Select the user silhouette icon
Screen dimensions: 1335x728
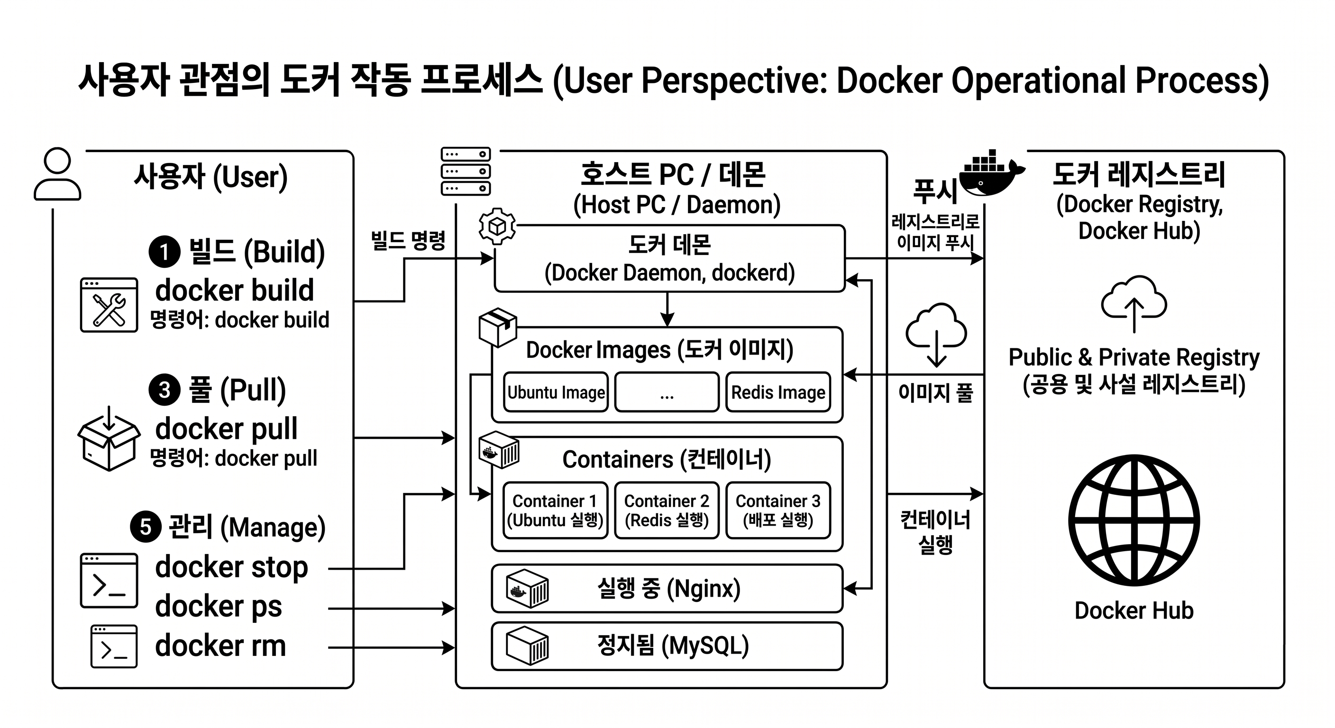[x=57, y=174]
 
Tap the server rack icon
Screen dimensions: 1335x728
[x=466, y=171]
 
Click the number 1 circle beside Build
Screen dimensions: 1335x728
[x=165, y=252]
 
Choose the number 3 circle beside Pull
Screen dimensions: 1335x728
[x=165, y=390]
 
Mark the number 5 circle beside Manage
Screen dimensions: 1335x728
[x=146, y=527]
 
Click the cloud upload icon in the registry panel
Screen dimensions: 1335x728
[x=1134, y=304]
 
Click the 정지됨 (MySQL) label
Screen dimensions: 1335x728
[x=673, y=646]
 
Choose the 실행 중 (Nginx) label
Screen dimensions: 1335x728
[x=668, y=589]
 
